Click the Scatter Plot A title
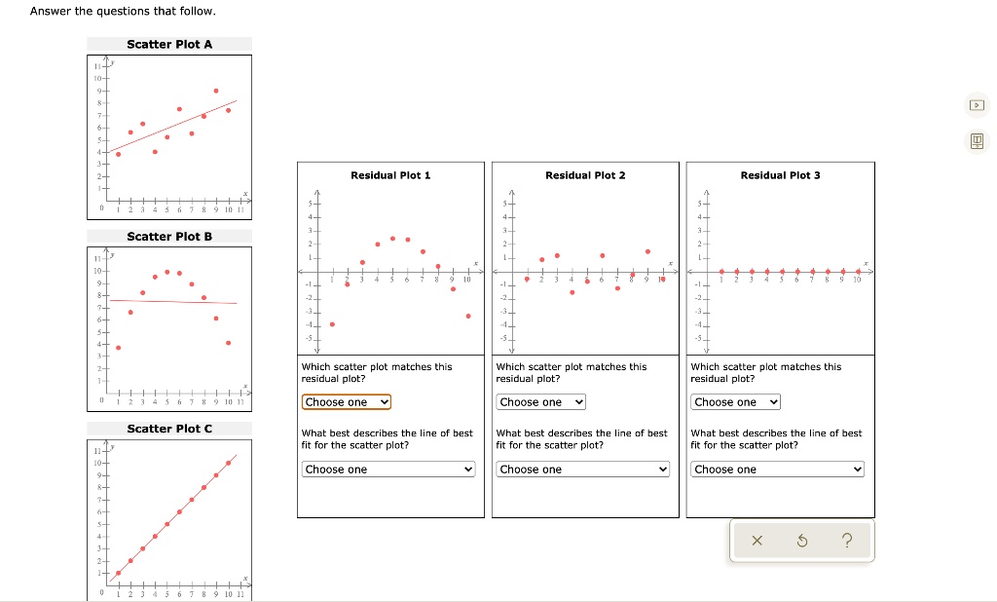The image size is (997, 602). pyautogui.click(x=169, y=44)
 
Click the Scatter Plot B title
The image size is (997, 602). pyautogui.click(x=169, y=236)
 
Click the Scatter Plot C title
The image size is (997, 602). pyautogui.click(x=169, y=429)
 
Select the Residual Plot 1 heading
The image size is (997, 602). pyautogui.click(x=390, y=175)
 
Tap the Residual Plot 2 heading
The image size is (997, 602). pyautogui.click(x=585, y=175)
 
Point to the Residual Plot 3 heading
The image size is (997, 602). pyautogui.click(x=780, y=175)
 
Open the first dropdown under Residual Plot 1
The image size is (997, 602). pyautogui.click(x=347, y=402)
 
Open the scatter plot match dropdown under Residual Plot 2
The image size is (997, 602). pyautogui.click(x=541, y=402)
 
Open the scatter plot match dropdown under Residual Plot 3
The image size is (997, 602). pyautogui.click(x=736, y=402)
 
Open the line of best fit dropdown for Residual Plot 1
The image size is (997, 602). pyautogui.click(x=389, y=470)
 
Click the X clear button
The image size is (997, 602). pyautogui.click(x=757, y=542)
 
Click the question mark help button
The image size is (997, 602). pyautogui.click(x=847, y=542)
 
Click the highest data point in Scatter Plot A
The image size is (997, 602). pyautogui.click(x=216, y=91)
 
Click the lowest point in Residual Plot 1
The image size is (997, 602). pyautogui.click(x=332, y=324)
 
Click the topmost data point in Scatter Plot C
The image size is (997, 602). pyautogui.click(x=229, y=463)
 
